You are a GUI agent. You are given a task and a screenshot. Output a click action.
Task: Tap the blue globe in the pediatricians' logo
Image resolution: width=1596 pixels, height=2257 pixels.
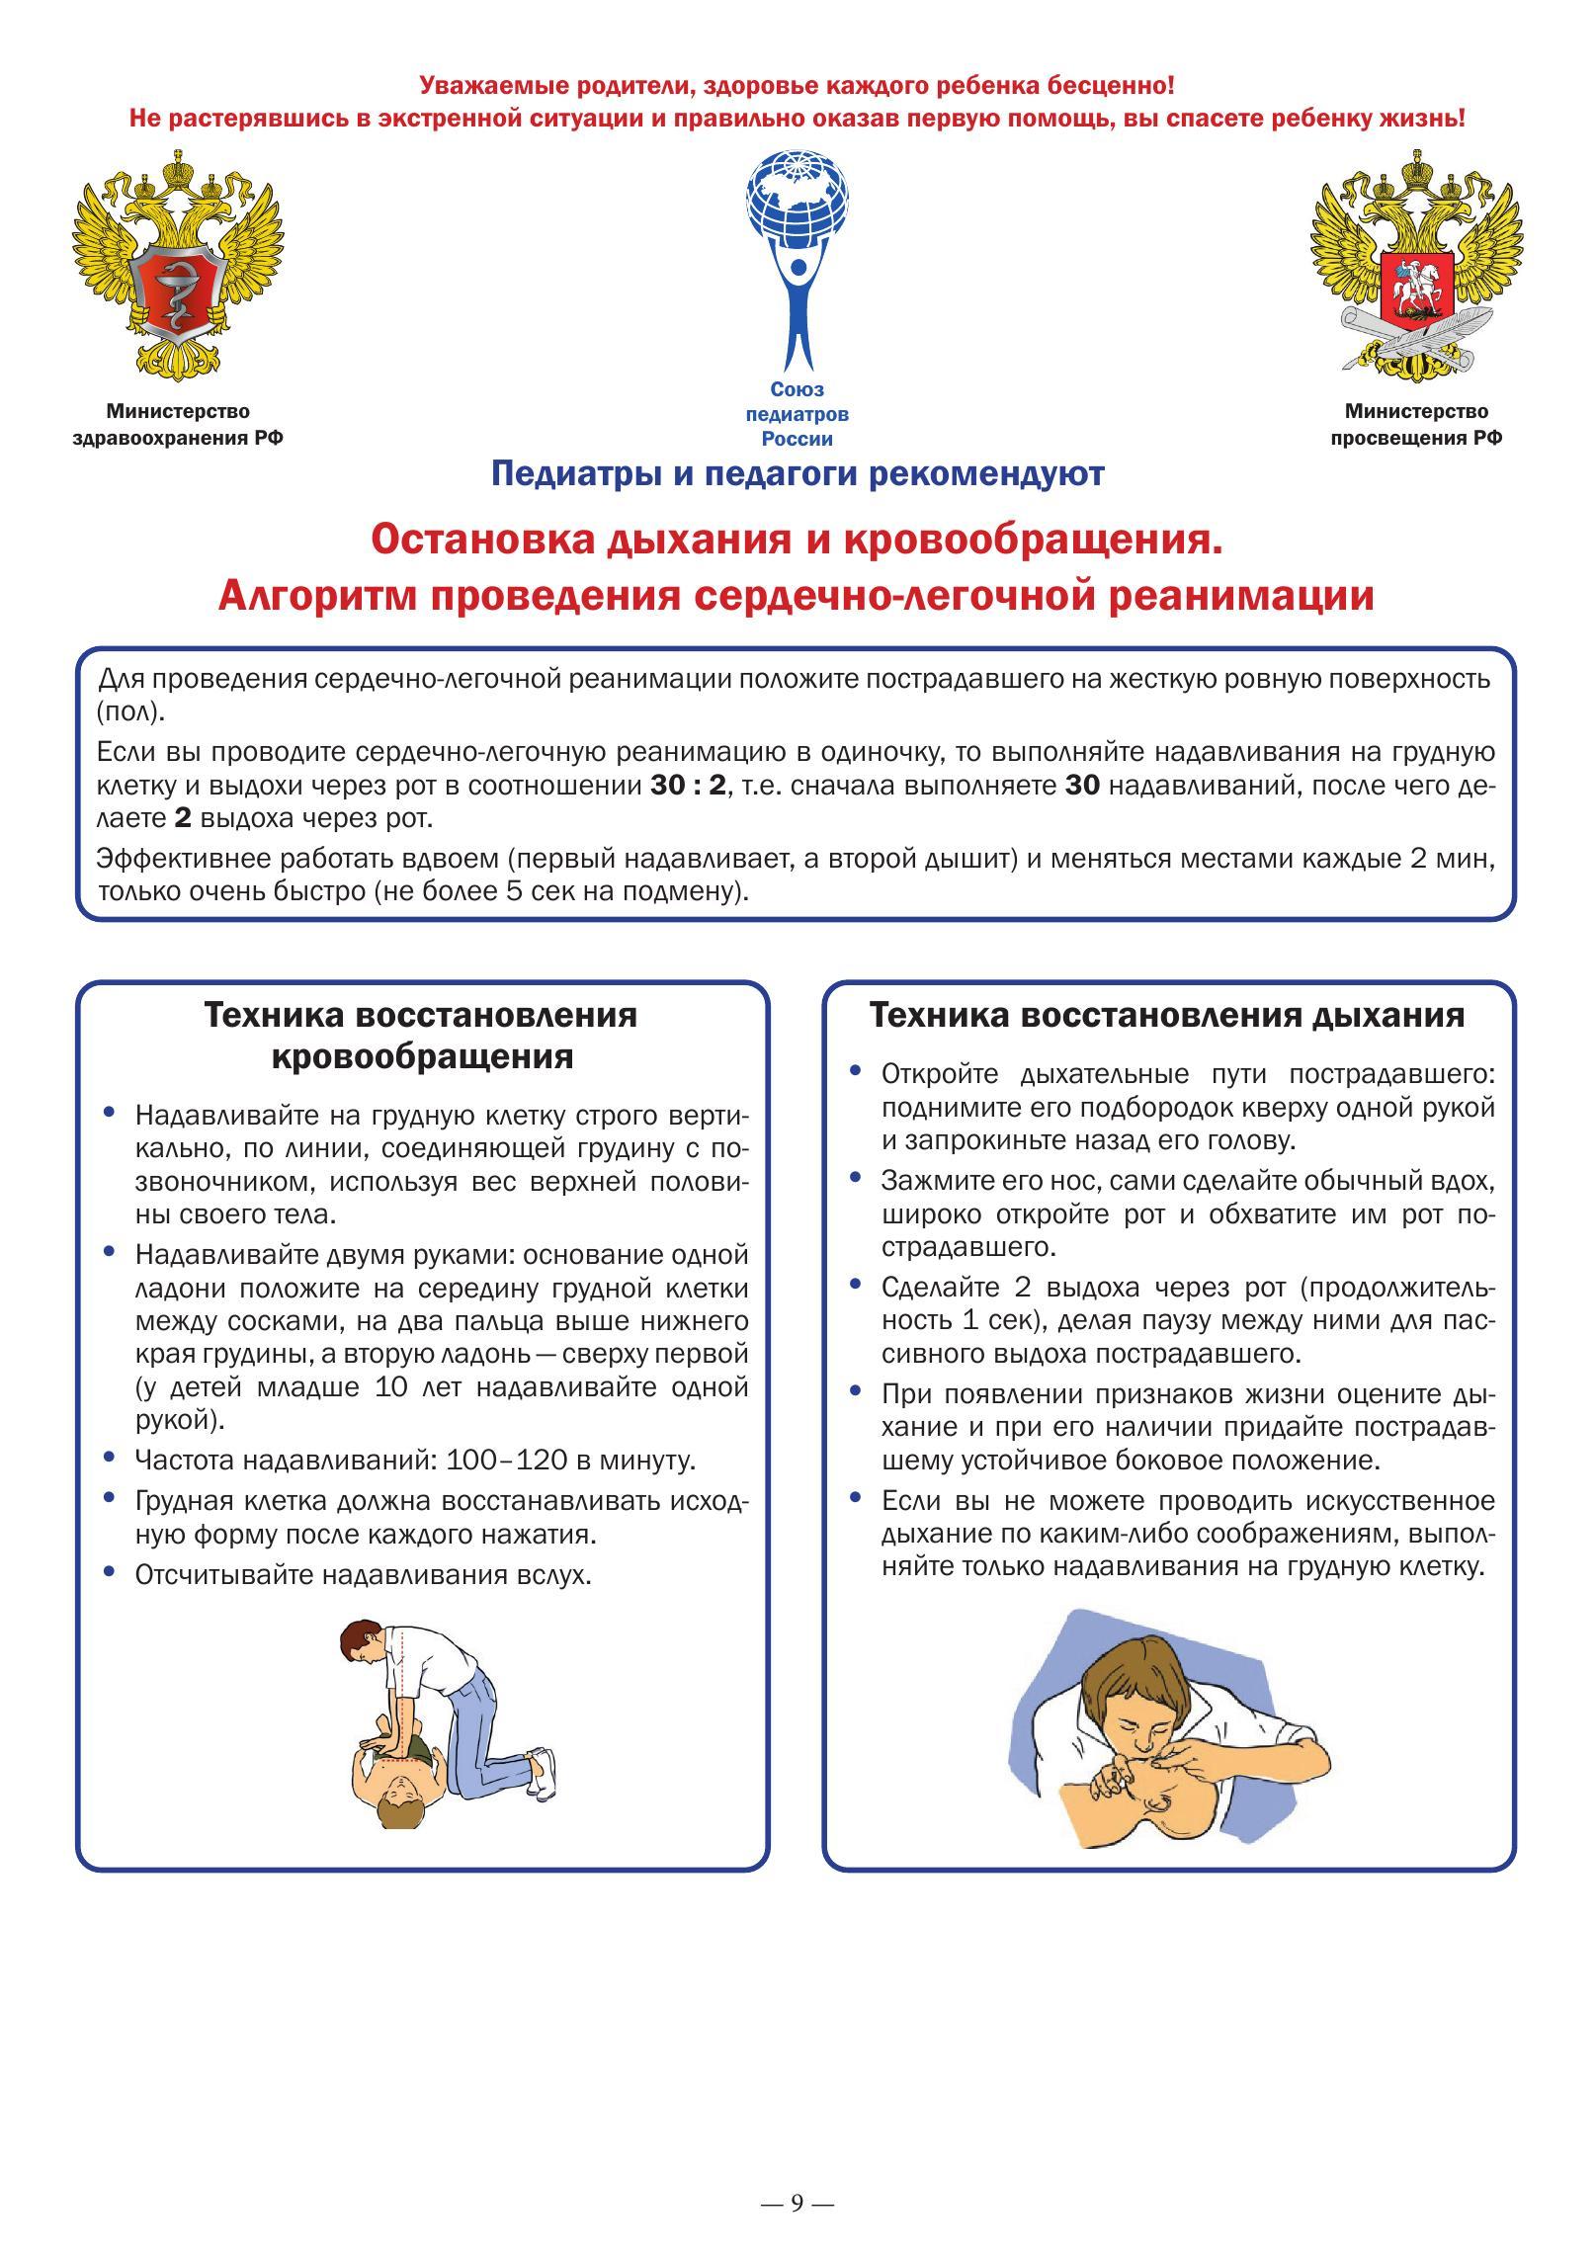[798, 202]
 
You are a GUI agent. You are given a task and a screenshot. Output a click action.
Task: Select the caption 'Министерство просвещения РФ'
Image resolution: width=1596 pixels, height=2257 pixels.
[1415, 424]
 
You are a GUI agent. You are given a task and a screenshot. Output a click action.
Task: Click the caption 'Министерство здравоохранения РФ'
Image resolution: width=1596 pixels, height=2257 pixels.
[178, 424]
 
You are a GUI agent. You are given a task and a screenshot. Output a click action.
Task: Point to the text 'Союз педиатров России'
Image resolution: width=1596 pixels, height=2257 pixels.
[797, 414]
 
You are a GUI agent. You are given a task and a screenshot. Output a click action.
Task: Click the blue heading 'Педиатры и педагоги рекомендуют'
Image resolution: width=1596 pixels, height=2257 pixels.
[797, 474]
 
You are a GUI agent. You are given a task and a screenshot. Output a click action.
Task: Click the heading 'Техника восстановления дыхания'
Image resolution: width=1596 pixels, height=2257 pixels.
[1167, 1015]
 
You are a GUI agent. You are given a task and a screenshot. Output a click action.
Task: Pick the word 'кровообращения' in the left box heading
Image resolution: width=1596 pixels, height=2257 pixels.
[422, 1056]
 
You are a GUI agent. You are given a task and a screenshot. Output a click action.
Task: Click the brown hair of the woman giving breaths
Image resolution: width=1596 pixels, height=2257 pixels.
[1127, 1681]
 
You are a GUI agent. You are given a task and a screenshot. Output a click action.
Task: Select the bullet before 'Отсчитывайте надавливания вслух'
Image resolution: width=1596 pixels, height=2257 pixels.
[110, 1572]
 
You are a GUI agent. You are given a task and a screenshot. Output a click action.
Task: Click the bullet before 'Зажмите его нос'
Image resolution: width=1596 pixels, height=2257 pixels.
[856, 1179]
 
